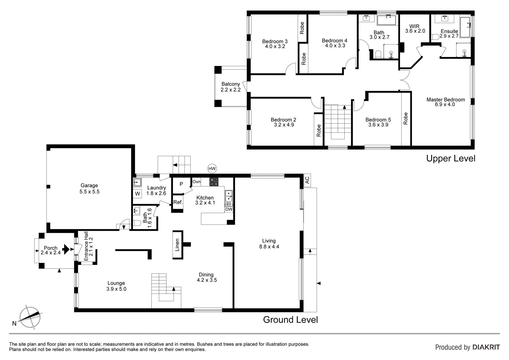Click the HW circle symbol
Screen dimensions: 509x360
[212, 168]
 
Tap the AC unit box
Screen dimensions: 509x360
[307, 180]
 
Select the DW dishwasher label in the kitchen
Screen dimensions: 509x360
[229, 209]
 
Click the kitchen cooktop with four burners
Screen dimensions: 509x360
[214, 181]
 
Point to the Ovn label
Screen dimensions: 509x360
[196, 182]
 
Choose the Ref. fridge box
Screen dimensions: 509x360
[178, 202]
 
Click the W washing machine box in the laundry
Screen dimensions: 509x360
[137, 194]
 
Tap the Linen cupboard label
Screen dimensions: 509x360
[177, 245]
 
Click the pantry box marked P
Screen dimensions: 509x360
[181, 184]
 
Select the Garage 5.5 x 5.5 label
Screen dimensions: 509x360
[89, 189]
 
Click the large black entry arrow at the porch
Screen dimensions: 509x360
[66, 249]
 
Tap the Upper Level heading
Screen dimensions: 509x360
[451, 158]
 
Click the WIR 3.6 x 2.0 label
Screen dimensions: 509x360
[415, 29]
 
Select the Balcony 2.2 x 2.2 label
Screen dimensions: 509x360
[231, 87]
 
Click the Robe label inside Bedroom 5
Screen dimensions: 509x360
[406, 119]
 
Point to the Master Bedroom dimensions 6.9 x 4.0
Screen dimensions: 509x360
[445, 105]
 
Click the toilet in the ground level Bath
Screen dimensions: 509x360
[137, 223]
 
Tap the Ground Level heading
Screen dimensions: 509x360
[290, 320]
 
